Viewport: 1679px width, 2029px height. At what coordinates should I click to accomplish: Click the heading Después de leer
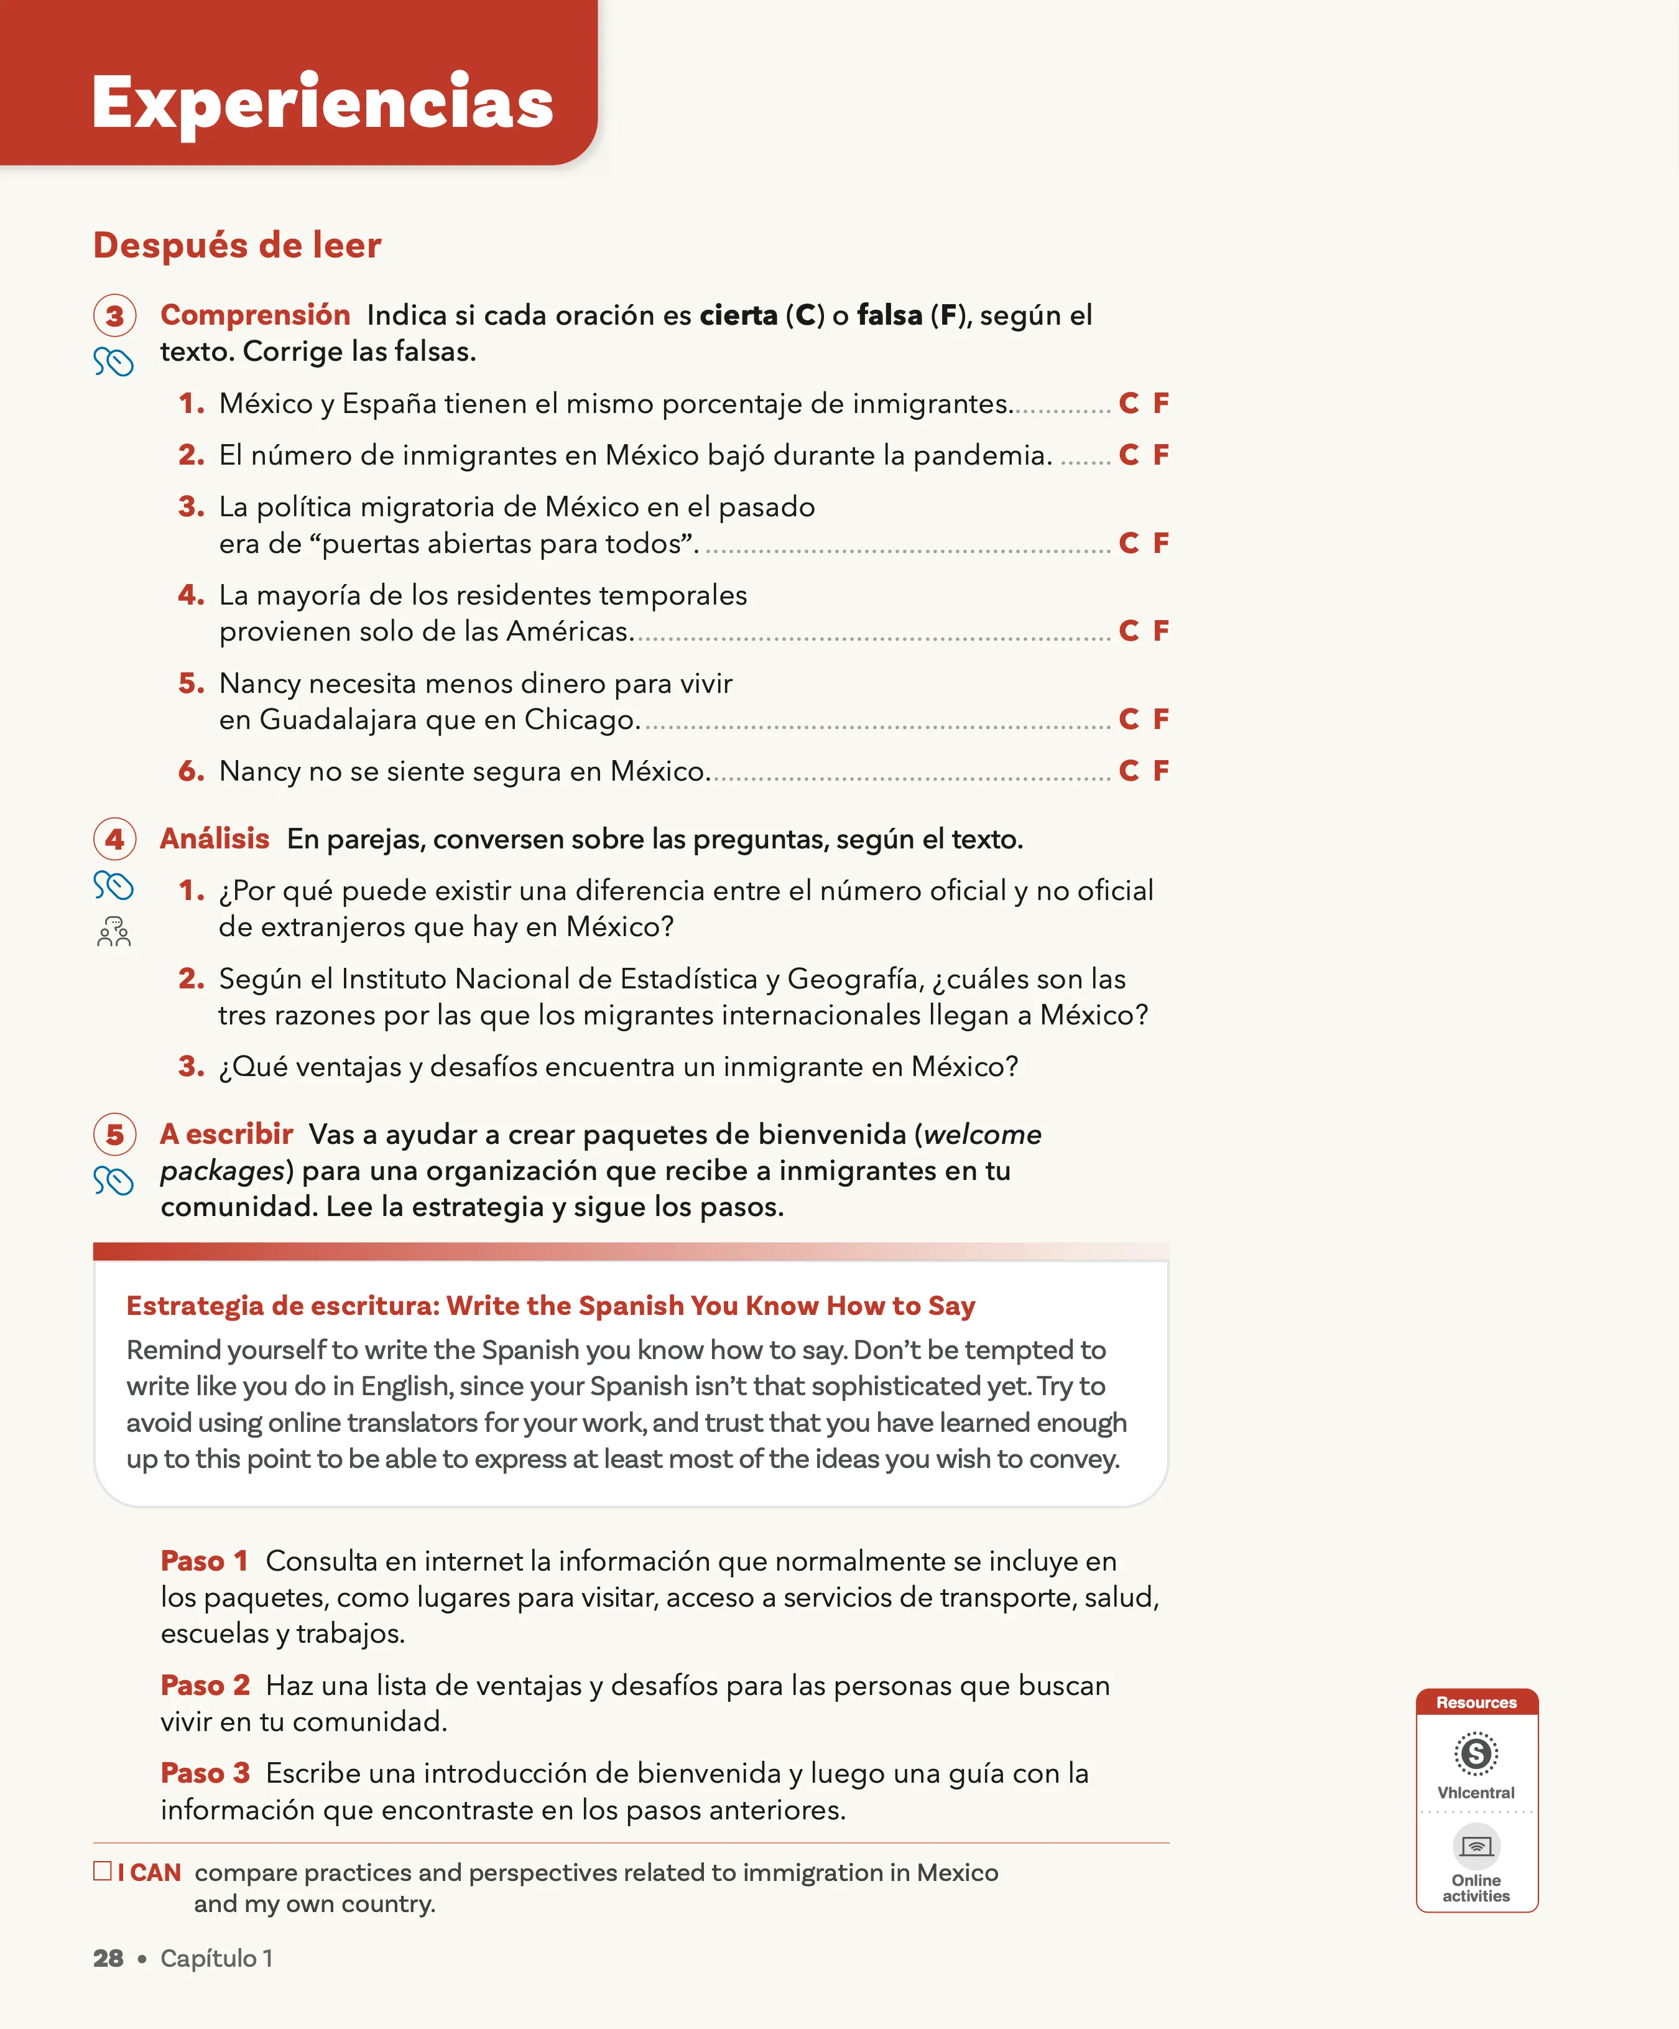pos(237,246)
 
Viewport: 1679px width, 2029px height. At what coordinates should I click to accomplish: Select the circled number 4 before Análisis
pos(114,838)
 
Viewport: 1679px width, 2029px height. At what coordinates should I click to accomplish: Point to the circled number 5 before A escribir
pos(114,1135)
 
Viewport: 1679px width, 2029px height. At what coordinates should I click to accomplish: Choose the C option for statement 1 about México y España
pos(1128,403)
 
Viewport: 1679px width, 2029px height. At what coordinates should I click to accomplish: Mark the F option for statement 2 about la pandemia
pos(1160,454)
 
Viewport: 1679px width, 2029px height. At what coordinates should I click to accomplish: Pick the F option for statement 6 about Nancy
pos(1160,770)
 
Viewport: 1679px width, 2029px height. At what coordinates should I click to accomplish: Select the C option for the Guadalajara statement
pos(1128,719)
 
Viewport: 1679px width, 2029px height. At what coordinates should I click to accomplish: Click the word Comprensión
pos(255,315)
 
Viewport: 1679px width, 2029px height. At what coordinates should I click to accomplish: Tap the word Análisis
pos(215,838)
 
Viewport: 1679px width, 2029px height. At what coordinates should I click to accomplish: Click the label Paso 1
pos(205,1561)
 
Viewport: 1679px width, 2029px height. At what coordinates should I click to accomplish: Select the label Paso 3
pos(205,1773)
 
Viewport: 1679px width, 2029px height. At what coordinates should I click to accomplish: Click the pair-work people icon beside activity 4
pos(114,932)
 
